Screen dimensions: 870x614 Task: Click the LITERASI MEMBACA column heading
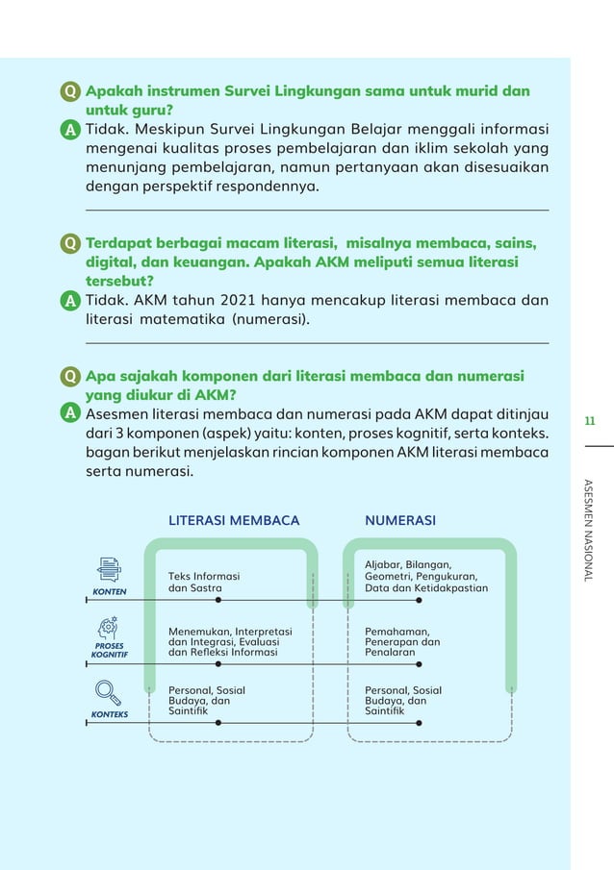click(234, 520)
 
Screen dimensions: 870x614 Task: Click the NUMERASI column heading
click(400, 520)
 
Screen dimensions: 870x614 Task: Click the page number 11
click(590, 420)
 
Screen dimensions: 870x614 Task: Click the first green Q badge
click(70, 92)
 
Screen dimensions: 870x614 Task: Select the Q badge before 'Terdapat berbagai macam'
click(70, 243)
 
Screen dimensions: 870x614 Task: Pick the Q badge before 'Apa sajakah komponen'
click(70, 376)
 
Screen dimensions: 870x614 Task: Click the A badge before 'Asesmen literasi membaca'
click(70, 412)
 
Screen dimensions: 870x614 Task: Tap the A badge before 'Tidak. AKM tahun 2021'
click(70, 301)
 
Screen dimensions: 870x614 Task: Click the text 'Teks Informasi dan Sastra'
click(204, 582)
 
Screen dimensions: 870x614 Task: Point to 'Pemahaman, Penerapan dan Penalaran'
click(402, 641)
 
